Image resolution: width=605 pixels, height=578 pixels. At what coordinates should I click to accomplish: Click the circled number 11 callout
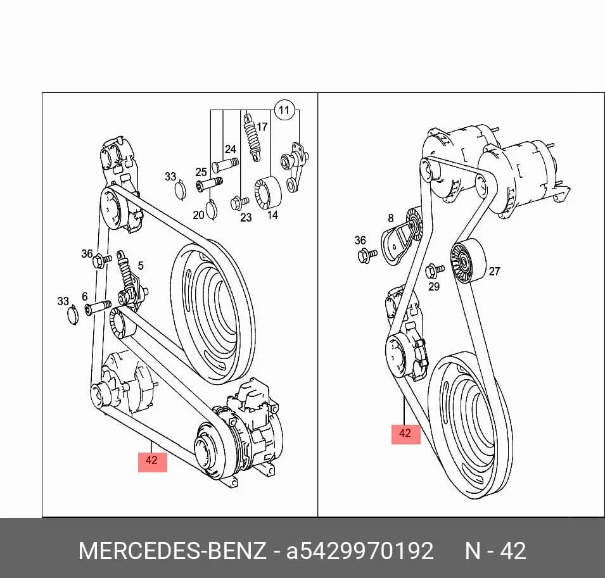[x=284, y=111]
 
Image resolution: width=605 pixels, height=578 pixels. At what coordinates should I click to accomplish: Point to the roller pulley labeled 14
[x=268, y=192]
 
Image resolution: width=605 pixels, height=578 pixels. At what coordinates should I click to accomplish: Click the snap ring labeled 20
[x=212, y=210]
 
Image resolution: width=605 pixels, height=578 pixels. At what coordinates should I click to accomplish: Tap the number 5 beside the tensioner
[x=141, y=265]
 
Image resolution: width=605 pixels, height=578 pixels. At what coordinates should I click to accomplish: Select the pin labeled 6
[x=98, y=308]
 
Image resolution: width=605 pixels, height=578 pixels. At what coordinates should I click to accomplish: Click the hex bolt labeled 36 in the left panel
[x=102, y=261]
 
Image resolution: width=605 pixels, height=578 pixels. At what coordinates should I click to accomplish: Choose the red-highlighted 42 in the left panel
[x=152, y=460]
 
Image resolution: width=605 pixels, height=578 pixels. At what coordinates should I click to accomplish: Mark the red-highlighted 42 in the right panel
[x=405, y=434]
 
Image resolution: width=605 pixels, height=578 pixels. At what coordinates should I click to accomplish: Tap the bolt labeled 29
[x=435, y=272]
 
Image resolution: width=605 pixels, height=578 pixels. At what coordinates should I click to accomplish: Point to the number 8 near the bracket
[x=391, y=218]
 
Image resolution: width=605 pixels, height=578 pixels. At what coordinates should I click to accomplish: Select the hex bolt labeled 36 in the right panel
[x=367, y=255]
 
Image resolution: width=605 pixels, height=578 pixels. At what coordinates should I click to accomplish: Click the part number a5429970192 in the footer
[x=359, y=551]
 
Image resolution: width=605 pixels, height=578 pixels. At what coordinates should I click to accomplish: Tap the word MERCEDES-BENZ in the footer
[x=172, y=551]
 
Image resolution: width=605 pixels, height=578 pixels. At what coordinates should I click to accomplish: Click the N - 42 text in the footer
[x=495, y=551]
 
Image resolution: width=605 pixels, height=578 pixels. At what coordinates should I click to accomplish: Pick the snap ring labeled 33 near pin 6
[x=73, y=315]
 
